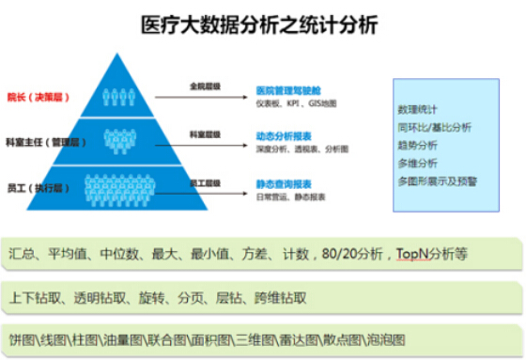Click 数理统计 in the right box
[x=417, y=109]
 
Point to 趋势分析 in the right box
[x=417, y=145]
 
